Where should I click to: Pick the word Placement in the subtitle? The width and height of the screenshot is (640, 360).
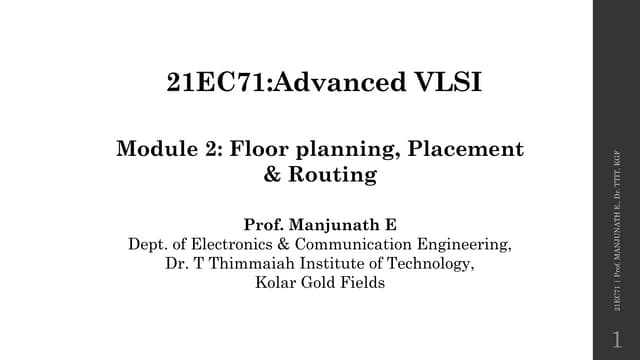pyautogui.click(x=470, y=150)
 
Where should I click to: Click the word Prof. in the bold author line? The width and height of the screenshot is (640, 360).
pyautogui.click(x=265, y=224)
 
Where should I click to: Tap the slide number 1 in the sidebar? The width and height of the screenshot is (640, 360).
pyautogui.click(x=616, y=339)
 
